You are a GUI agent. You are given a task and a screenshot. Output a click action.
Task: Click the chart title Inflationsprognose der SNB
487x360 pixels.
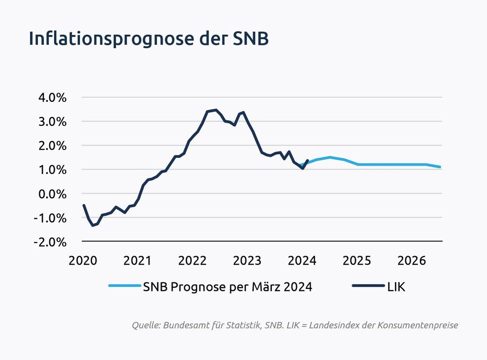click(x=149, y=39)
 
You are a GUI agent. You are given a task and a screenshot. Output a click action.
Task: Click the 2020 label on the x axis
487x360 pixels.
click(x=83, y=261)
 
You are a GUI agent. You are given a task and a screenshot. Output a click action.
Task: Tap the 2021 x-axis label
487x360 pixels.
click(x=138, y=261)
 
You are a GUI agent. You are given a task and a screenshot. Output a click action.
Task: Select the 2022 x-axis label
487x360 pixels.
click(x=193, y=261)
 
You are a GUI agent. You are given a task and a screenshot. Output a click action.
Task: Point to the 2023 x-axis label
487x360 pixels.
click(x=247, y=261)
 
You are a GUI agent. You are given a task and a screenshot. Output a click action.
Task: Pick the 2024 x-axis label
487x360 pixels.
click(x=302, y=261)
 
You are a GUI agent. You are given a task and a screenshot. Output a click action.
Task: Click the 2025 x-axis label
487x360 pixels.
click(x=357, y=261)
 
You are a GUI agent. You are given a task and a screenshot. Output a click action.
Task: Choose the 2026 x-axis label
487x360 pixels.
click(x=412, y=261)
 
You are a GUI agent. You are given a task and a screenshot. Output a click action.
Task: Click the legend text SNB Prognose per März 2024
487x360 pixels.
click(x=227, y=287)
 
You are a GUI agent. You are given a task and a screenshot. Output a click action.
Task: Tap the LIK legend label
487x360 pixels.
click(x=396, y=287)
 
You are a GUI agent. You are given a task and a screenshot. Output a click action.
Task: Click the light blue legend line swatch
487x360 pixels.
click(x=124, y=287)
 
